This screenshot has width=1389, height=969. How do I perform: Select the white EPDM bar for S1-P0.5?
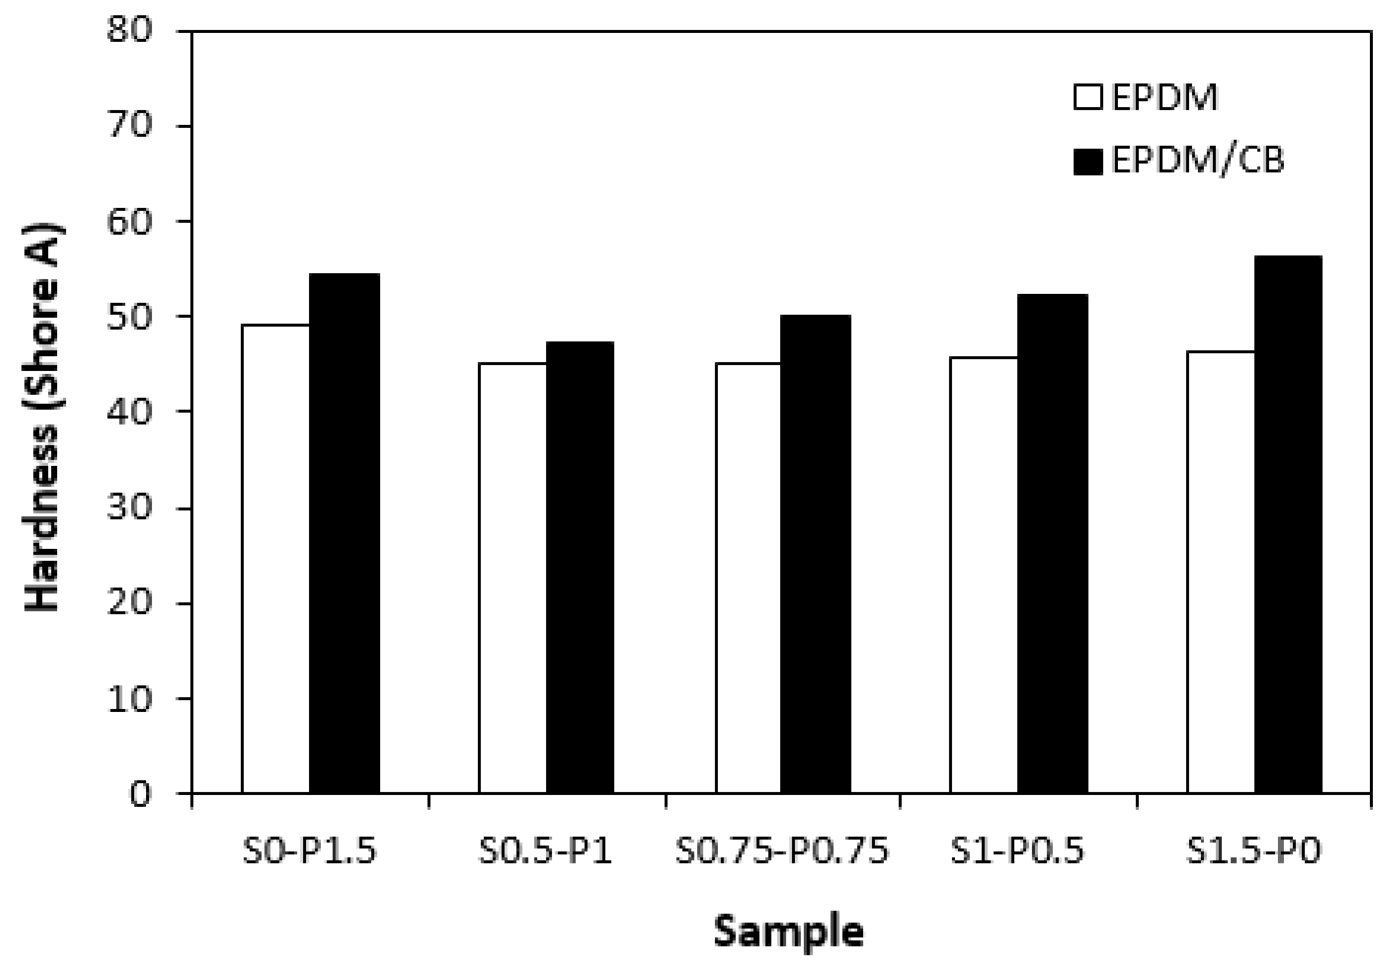click(x=984, y=575)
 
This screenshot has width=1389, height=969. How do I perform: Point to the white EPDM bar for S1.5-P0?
click(x=1220, y=571)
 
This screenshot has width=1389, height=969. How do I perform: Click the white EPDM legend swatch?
click(x=1088, y=97)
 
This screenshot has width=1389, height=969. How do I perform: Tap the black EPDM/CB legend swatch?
click(x=1088, y=161)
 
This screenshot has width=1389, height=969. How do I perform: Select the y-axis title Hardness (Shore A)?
click(x=42, y=417)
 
